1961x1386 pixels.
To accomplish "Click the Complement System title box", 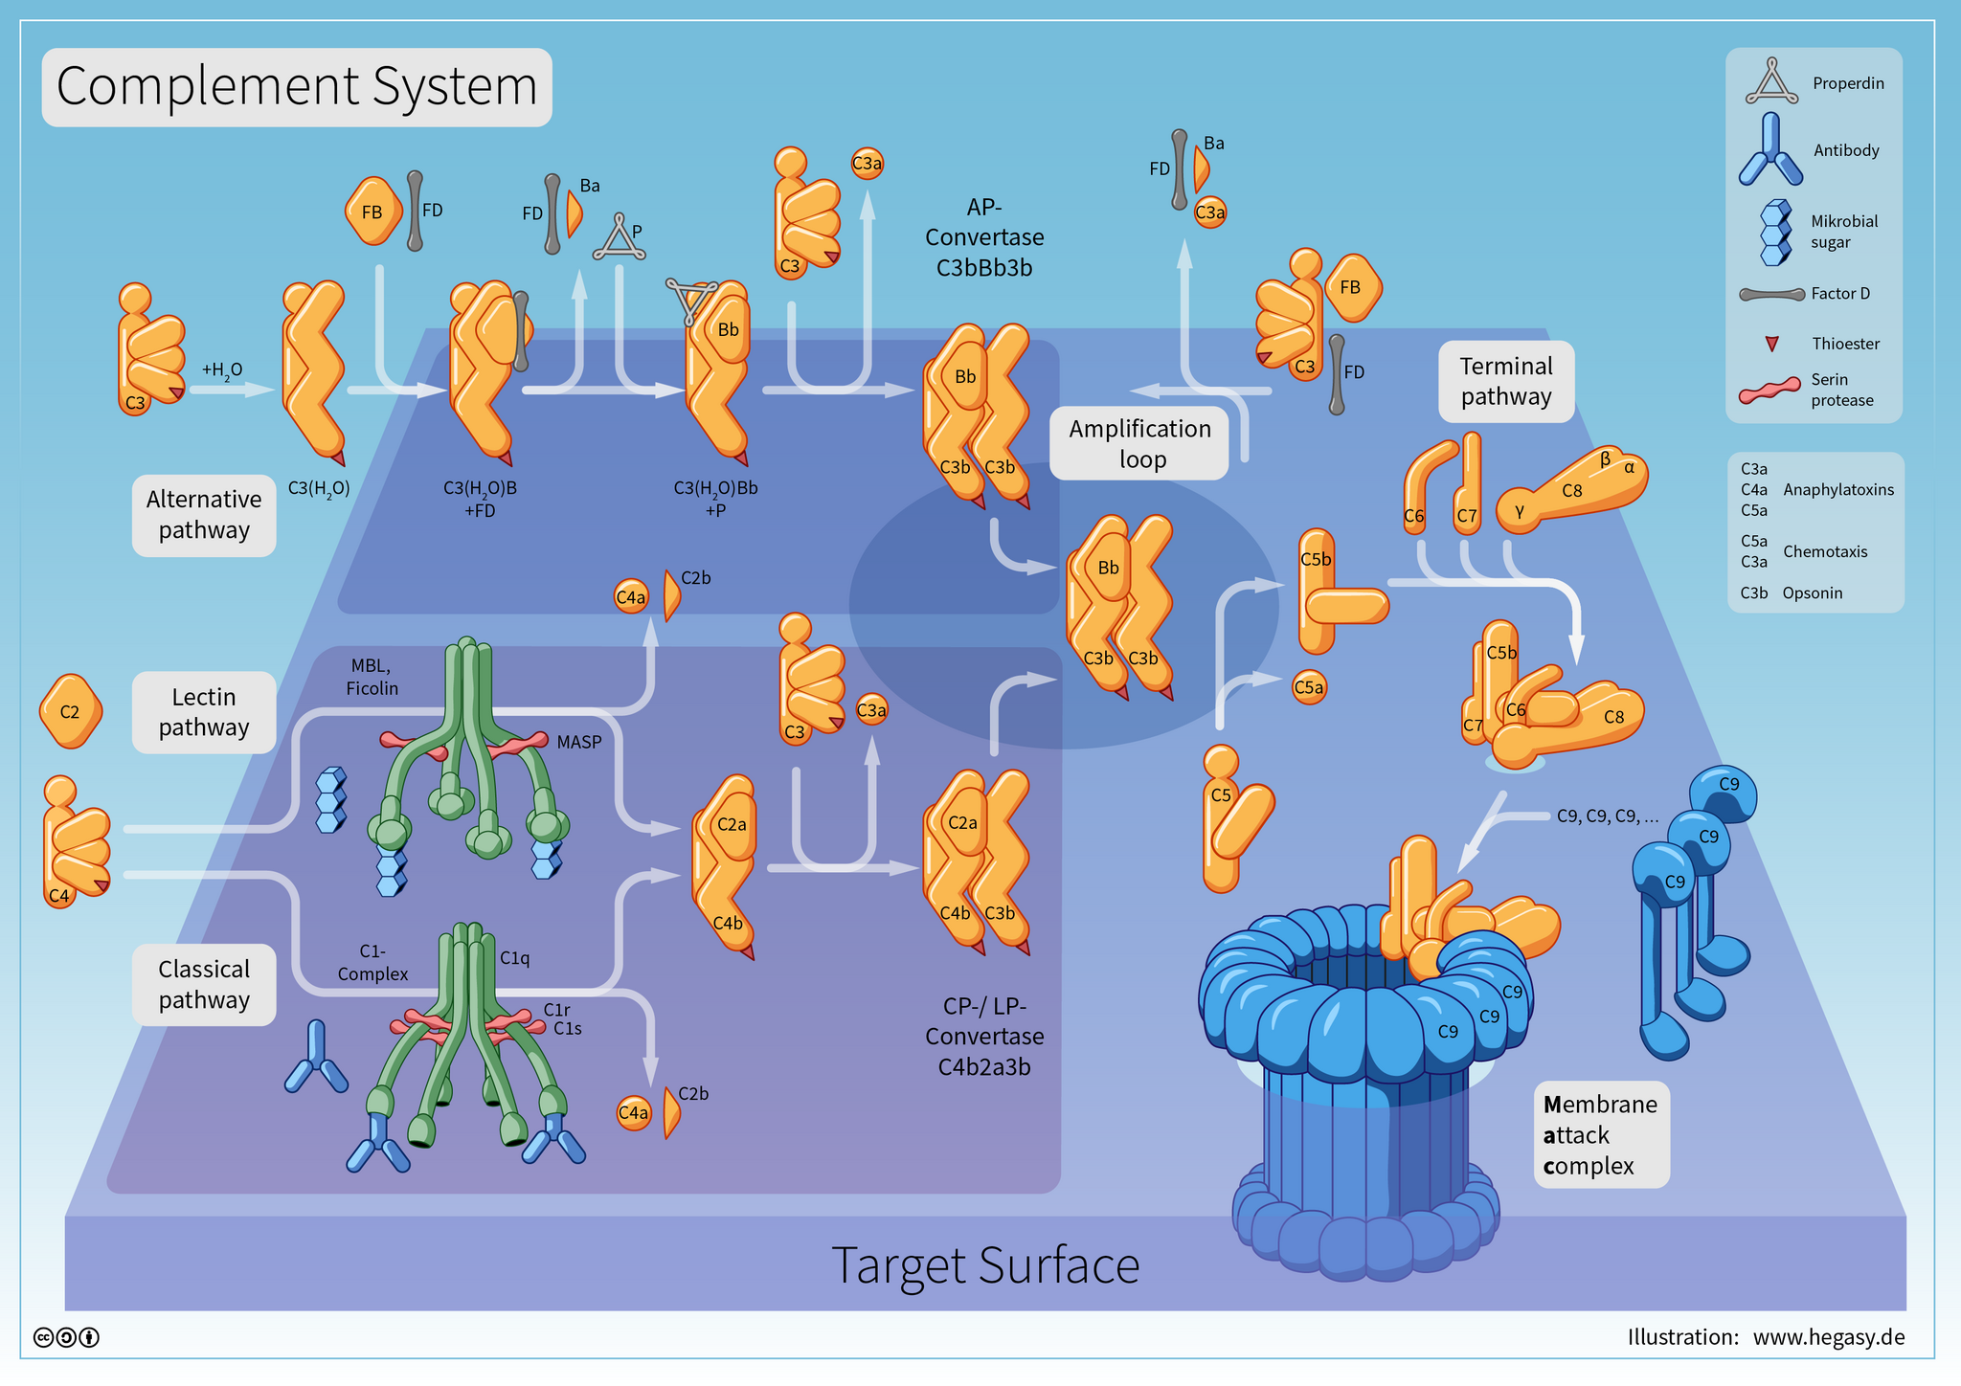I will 297,87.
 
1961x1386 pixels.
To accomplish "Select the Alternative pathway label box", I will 204,515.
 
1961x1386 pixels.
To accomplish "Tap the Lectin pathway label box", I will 204,712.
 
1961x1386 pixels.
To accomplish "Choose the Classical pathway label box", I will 204,984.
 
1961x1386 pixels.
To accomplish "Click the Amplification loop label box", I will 1139,443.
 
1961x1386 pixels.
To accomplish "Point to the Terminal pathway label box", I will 1506,381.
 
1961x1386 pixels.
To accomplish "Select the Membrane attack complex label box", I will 1601,1134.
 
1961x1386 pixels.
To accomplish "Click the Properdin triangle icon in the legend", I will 1771,83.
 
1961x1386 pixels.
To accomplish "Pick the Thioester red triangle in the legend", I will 1771,344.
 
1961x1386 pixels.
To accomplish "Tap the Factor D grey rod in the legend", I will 1771,294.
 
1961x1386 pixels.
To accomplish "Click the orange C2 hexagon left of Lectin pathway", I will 70,711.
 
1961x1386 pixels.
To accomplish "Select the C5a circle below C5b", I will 1309,687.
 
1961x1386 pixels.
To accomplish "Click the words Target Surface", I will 985,1265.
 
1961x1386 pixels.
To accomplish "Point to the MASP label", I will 579,742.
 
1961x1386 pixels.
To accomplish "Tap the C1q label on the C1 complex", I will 514,957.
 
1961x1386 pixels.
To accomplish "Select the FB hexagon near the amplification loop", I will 1351,287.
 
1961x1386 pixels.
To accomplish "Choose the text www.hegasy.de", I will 1828,1337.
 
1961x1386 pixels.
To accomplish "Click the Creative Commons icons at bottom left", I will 66,1337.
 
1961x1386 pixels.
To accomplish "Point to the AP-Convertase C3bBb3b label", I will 984,237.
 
